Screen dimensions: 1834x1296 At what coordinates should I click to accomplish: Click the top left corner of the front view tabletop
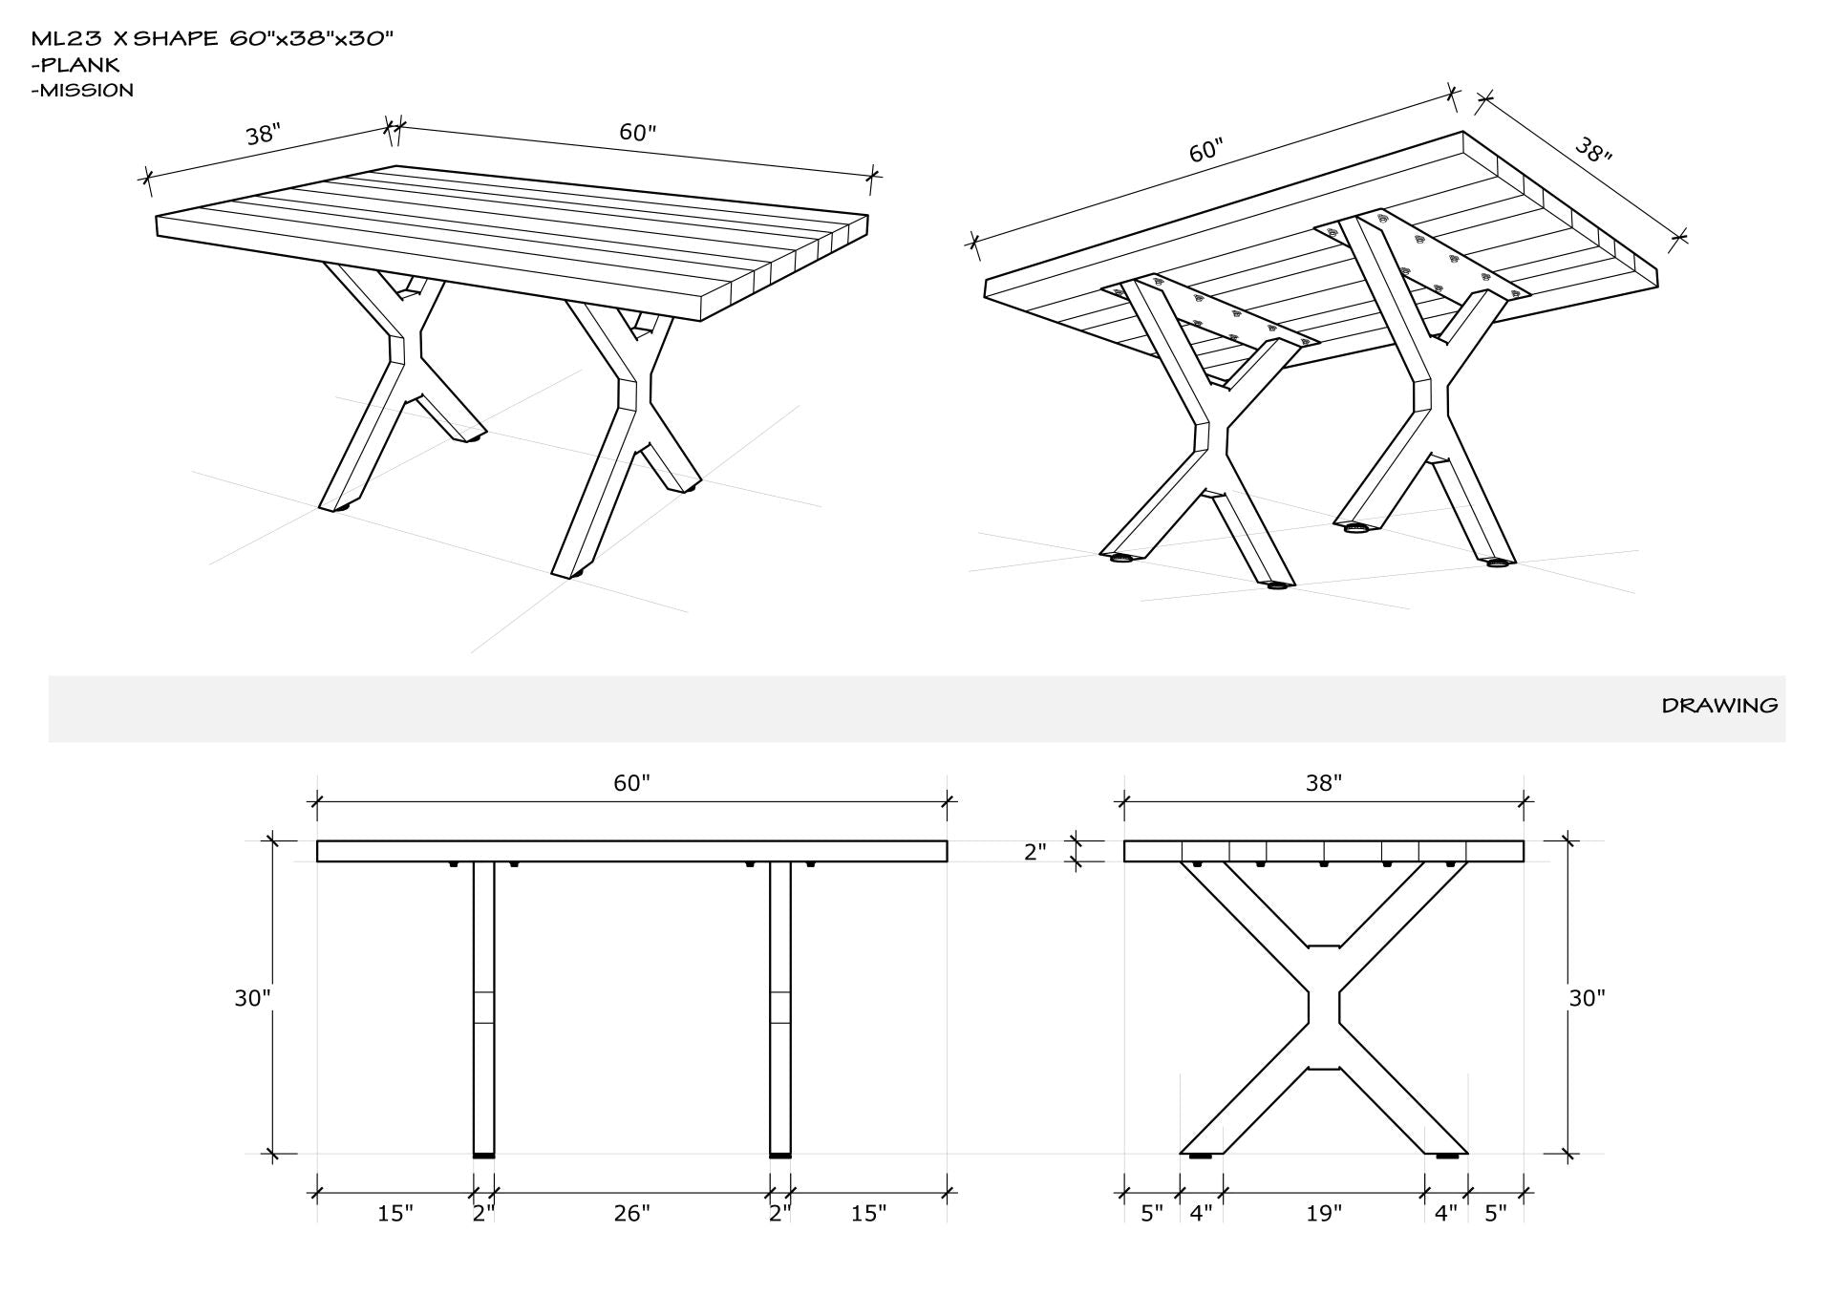tap(317, 840)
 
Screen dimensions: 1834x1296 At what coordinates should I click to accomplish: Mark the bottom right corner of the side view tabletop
tap(1524, 861)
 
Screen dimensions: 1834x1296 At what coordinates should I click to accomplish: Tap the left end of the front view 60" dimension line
tap(317, 803)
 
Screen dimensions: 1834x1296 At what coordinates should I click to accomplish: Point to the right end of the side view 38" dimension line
tap(1524, 803)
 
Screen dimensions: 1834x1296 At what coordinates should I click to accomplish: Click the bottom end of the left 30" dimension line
tap(272, 1154)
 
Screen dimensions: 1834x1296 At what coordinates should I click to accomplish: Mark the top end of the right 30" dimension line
tap(1567, 840)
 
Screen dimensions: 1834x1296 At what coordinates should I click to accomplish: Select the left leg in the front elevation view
tap(484, 1008)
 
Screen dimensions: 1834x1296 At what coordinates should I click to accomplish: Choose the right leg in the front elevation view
tap(781, 1008)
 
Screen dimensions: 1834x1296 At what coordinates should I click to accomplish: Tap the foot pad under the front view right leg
tap(781, 1157)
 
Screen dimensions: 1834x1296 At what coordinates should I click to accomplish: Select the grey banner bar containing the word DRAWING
tap(917, 709)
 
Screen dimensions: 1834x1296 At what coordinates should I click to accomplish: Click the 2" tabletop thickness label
tap(1035, 852)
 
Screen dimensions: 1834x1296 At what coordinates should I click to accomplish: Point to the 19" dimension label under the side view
tap(1323, 1214)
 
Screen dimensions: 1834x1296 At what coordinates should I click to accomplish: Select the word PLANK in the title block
tap(80, 65)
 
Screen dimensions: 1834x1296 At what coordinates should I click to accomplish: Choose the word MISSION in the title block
tap(87, 91)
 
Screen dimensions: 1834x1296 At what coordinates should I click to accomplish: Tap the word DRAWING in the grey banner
tap(1720, 706)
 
